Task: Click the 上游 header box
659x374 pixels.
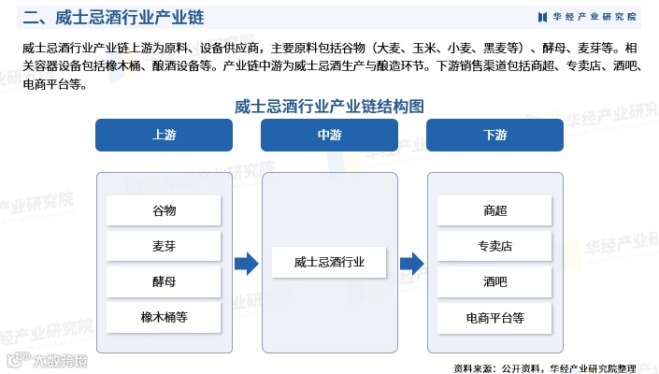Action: tap(164, 135)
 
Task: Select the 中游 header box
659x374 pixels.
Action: tap(329, 135)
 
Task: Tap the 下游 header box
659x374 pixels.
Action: tap(494, 135)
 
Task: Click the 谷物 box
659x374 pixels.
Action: tap(164, 210)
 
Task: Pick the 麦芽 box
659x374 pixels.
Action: tap(164, 246)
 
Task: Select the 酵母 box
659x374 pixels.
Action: tap(164, 281)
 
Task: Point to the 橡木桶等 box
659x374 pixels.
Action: tap(164, 317)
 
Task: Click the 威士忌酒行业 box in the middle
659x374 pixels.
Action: tap(329, 263)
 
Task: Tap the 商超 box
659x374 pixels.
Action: tap(494, 210)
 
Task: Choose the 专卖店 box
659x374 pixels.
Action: tap(494, 246)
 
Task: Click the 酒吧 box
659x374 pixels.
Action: tap(494, 281)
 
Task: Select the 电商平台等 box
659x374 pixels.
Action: tap(494, 317)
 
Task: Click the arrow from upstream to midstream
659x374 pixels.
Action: tap(246, 264)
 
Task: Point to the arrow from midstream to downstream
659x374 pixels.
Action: tap(411, 264)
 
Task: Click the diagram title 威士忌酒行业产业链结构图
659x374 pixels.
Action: tap(329, 106)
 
